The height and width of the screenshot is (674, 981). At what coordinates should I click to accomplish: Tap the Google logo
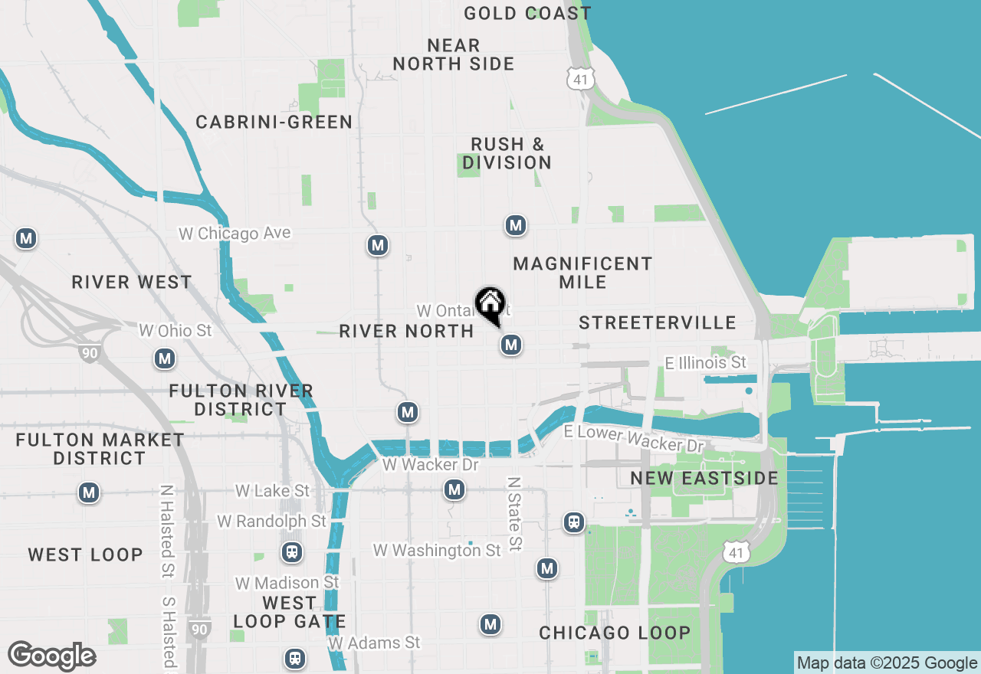[x=52, y=656]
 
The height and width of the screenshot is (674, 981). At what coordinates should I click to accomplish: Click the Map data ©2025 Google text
[x=887, y=663]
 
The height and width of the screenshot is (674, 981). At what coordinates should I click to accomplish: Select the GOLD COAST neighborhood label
[x=527, y=13]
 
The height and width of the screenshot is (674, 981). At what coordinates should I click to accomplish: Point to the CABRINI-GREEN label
[x=274, y=122]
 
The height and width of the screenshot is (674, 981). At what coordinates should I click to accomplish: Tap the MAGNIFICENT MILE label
[x=582, y=273]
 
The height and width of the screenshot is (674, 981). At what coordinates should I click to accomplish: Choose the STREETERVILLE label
[x=658, y=322]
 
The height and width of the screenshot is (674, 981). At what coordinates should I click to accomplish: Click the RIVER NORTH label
[x=406, y=331]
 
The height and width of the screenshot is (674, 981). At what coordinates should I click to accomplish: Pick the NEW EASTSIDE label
[x=704, y=478]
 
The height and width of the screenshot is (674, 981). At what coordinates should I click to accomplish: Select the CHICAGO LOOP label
[x=615, y=633]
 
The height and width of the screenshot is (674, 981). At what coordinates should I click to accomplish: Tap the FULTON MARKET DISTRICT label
[x=100, y=449]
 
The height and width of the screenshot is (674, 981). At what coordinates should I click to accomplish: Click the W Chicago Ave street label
[x=235, y=233]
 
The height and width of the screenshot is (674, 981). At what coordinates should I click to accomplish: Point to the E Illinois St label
[x=705, y=362]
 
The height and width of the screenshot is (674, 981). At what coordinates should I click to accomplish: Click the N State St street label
[x=514, y=513]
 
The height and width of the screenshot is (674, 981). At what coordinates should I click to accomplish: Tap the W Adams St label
[x=375, y=642]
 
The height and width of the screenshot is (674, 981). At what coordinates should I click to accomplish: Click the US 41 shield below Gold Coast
[x=580, y=78]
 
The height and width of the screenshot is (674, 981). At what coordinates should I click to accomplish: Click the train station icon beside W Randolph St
[x=291, y=551]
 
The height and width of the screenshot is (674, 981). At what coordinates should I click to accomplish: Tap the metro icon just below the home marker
[x=511, y=345]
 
